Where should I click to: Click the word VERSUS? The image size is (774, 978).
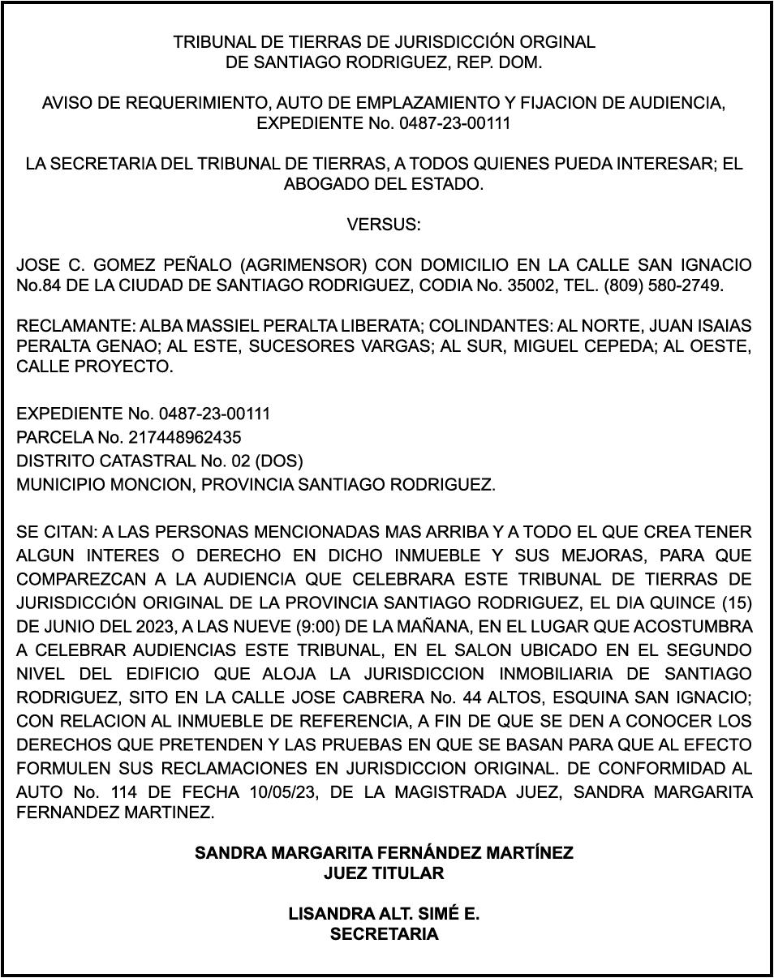coord(384,225)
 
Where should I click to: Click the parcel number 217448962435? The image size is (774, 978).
coord(185,438)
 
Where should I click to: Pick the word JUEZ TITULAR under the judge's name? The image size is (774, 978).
coord(384,873)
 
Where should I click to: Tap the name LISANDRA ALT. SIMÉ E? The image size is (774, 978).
coord(384,914)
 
